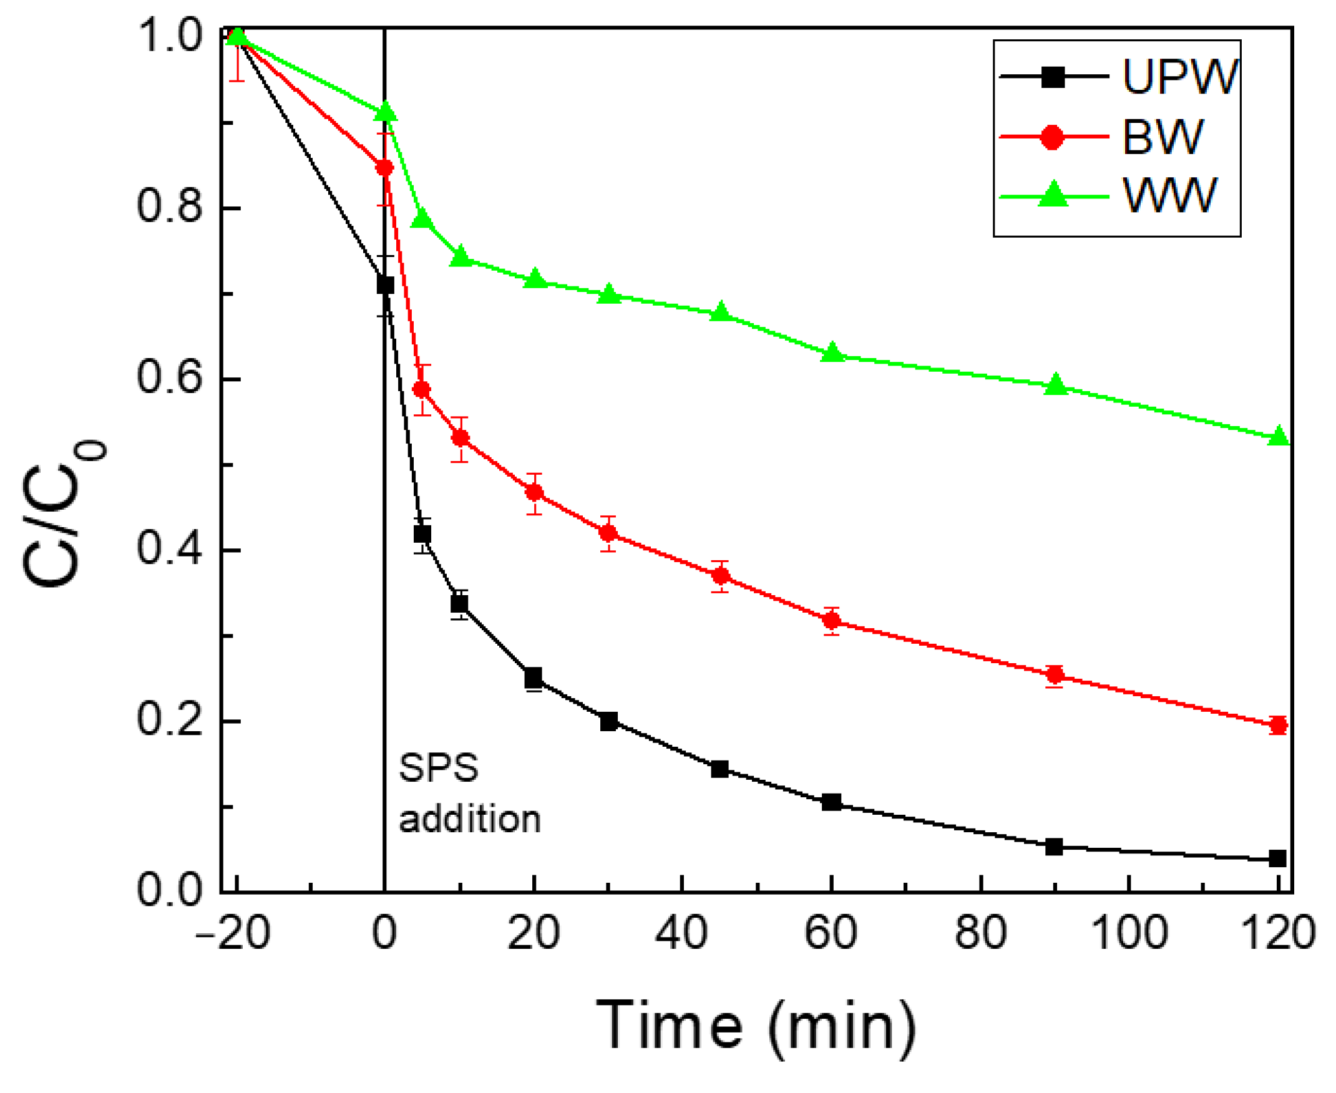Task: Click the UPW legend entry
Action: [1179, 77]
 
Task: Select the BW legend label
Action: [1163, 137]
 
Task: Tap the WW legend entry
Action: [1169, 196]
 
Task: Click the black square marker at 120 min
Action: [1277, 858]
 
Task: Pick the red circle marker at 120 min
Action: [1277, 726]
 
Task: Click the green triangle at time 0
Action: [385, 113]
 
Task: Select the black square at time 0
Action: [385, 285]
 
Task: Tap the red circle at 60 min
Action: [832, 621]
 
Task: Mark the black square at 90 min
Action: [1054, 847]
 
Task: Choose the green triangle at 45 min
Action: [721, 313]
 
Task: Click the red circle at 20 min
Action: [534, 492]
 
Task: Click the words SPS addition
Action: [469, 794]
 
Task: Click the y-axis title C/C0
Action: [63, 514]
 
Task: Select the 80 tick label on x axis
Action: [980, 933]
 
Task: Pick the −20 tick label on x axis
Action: [233, 933]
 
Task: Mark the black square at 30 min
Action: [608, 722]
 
